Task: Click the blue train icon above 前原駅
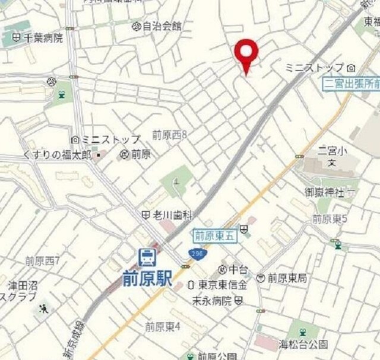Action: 147,257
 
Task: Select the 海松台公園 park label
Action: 303,343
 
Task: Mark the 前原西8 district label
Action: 169,135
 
